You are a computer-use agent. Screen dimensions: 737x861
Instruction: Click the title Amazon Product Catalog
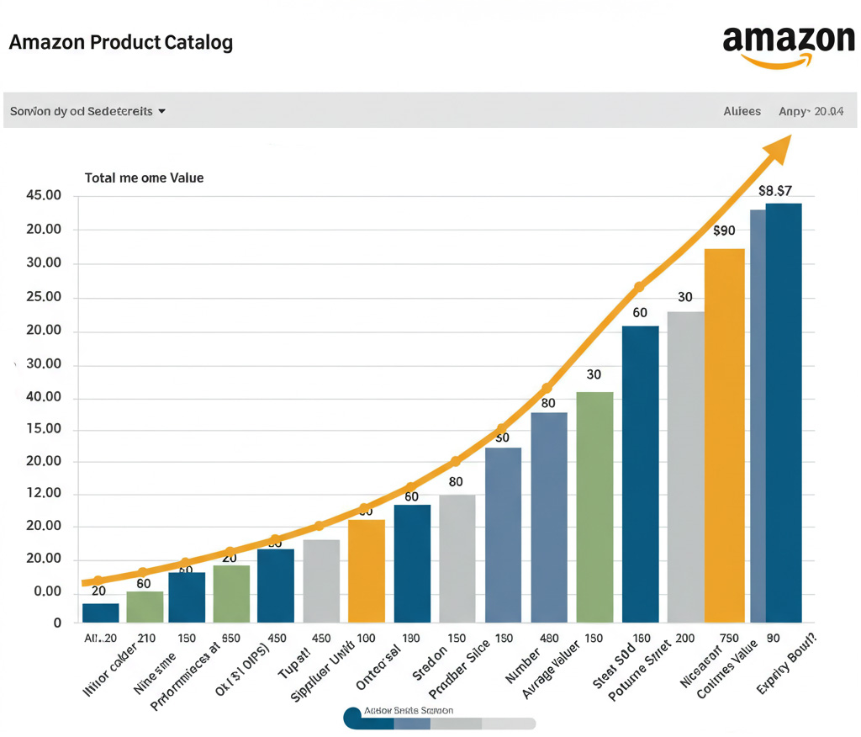pyautogui.click(x=121, y=42)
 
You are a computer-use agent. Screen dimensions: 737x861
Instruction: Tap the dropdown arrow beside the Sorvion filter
pyautogui.click(x=161, y=111)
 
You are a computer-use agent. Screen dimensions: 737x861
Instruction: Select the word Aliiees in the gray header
pyautogui.click(x=742, y=111)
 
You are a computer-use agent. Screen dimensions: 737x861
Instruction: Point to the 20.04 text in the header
pyautogui.click(x=829, y=111)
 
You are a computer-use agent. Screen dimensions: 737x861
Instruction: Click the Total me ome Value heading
pyautogui.click(x=144, y=178)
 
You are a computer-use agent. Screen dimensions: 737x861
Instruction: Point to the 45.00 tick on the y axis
pyautogui.click(x=45, y=196)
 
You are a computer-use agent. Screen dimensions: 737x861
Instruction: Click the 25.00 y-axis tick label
pyautogui.click(x=45, y=298)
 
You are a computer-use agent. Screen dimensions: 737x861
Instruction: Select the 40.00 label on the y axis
pyautogui.click(x=45, y=398)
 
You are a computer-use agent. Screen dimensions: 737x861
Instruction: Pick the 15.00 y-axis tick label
pyautogui.click(x=45, y=429)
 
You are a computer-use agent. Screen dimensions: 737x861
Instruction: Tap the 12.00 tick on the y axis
pyautogui.click(x=45, y=494)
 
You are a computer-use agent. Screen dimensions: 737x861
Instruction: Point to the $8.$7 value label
pyautogui.click(x=774, y=191)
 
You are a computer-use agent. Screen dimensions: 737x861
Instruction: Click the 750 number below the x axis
pyautogui.click(x=729, y=639)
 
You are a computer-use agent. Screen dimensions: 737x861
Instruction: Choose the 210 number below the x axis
pyautogui.click(x=145, y=639)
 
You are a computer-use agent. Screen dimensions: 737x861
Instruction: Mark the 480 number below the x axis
pyautogui.click(x=548, y=639)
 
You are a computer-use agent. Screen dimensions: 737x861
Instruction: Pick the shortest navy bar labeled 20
pyautogui.click(x=101, y=612)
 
